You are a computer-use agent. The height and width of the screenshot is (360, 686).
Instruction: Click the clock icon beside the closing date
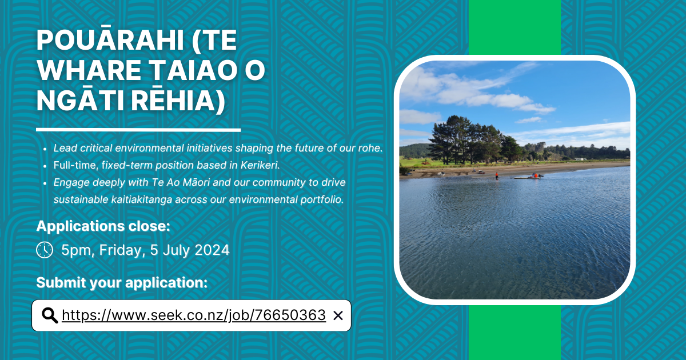point(45,250)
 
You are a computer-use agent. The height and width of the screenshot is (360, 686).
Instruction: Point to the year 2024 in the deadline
point(212,250)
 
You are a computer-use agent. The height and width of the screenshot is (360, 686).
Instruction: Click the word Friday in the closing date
point(121,250)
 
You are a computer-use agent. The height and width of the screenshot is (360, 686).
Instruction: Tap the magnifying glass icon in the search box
point(50,315)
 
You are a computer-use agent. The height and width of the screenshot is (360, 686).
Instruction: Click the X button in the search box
point(338,315)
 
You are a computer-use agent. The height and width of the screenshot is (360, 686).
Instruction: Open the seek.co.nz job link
point(194,315)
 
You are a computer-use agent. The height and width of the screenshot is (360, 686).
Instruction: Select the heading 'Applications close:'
point(103,226)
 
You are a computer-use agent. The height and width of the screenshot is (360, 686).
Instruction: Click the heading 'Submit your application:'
point(122,282)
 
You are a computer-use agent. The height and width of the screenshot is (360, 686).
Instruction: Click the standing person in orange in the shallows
point(496,176)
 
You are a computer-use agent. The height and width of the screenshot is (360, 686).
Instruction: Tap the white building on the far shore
point(580,159)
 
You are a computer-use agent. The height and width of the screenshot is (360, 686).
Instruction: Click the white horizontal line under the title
point(138,130)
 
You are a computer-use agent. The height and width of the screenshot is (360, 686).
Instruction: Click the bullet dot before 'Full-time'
point(45,166)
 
